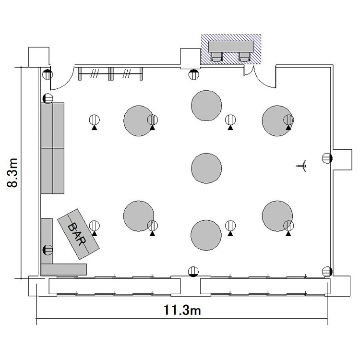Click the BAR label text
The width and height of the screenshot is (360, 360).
(x=77, y=234)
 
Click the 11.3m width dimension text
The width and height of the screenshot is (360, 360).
(x=182, y=310)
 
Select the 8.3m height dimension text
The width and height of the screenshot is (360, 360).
(x=12, y=173)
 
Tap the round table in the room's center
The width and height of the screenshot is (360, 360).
(x=206, y=168)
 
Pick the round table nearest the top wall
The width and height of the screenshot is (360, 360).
(x=206, y=106)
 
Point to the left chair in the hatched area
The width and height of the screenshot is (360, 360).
(x=216, y=57)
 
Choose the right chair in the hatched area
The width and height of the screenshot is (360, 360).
(x=244, y=57)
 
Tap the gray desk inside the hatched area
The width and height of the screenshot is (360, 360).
(x=231, y=47)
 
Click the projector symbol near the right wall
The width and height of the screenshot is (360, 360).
(x=302, y=166)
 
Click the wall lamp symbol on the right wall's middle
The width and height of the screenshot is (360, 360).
(x=327, y=158)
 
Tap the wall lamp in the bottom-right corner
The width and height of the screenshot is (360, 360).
(x=327, y=272)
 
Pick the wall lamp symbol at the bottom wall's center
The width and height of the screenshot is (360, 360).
(x=193, y=272)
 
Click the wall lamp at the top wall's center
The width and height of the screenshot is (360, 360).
(x=193, y=74)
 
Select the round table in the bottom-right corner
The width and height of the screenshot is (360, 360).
(x=277, y=216)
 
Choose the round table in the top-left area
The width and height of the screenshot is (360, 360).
(x=139, y=121)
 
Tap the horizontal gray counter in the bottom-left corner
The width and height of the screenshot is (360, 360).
(x=64, y=269)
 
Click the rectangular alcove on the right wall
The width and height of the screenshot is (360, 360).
(x=342, y=160)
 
